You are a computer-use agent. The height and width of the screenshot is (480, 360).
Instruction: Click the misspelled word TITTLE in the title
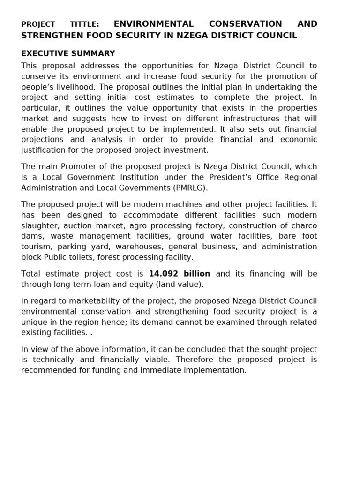click(84, 24)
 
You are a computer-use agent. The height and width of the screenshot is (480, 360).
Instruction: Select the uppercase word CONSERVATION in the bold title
click(246, 24)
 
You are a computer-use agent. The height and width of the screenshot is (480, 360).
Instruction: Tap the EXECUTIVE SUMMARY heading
click(68, 54)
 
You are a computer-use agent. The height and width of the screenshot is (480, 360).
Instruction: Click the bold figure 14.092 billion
click(180, 274)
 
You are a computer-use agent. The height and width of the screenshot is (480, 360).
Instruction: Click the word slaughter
click(39, 225)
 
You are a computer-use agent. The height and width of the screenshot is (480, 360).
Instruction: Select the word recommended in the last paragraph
click(49, 370)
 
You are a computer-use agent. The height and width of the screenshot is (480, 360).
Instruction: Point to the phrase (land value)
click(180, 285)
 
